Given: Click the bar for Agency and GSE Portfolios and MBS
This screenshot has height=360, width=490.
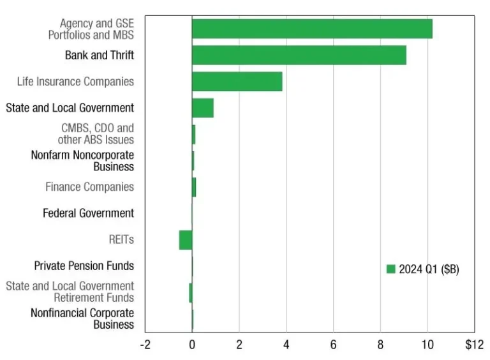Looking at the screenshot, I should [312, 29].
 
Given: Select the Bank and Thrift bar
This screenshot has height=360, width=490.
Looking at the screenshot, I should [299, 55].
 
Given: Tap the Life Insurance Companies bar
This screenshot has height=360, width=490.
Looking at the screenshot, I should [237, 82].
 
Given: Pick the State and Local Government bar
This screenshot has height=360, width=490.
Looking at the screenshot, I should [202, 108].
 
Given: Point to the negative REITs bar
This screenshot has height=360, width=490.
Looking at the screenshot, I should [186, 240].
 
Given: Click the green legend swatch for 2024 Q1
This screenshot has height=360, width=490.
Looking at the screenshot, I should [391, 269].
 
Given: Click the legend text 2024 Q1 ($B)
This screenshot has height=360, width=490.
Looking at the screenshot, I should [429, 269].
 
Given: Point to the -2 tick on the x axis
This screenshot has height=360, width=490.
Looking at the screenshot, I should [145, 345].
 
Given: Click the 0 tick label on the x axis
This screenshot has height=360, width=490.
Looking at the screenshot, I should [192, 345].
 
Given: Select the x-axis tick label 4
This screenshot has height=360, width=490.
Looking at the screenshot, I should [286, 345].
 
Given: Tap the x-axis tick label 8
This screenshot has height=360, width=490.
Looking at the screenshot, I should [380, 345].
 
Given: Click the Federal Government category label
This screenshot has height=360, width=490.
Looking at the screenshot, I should [88, 213].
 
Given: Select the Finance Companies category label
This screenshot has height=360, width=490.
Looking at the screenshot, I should [89, 187].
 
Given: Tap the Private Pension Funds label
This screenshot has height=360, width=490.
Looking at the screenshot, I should [84, 266].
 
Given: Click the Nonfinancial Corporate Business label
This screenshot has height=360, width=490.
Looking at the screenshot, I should [82, 319].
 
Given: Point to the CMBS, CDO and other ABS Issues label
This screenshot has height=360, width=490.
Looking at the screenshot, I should [97, 134].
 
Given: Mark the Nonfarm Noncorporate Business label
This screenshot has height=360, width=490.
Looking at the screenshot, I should [82, 161].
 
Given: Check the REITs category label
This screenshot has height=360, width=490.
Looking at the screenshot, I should [121, 240].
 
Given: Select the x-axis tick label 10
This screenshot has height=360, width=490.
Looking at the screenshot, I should [427, 345].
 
